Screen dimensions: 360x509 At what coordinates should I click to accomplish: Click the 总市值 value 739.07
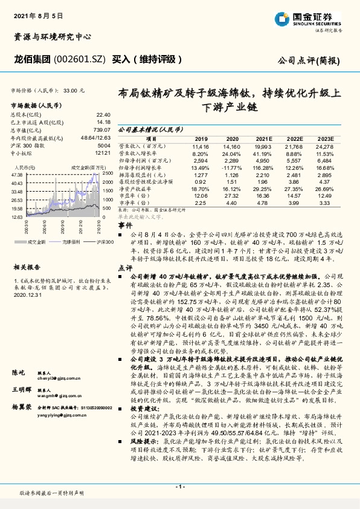(103, 129)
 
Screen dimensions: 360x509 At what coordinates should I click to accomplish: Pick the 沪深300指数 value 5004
(104, 146)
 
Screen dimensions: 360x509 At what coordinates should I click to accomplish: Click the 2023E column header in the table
(323, 138)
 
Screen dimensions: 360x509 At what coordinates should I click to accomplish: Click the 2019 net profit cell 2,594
(201, 160)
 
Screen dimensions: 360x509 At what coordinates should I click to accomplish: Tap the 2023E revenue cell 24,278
(323, 146)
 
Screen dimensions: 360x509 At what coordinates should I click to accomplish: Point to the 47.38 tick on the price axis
(16, 175)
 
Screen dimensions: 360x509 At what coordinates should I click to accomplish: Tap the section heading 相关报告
(27, 266)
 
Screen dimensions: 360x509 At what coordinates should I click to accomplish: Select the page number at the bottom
(180, 486)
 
